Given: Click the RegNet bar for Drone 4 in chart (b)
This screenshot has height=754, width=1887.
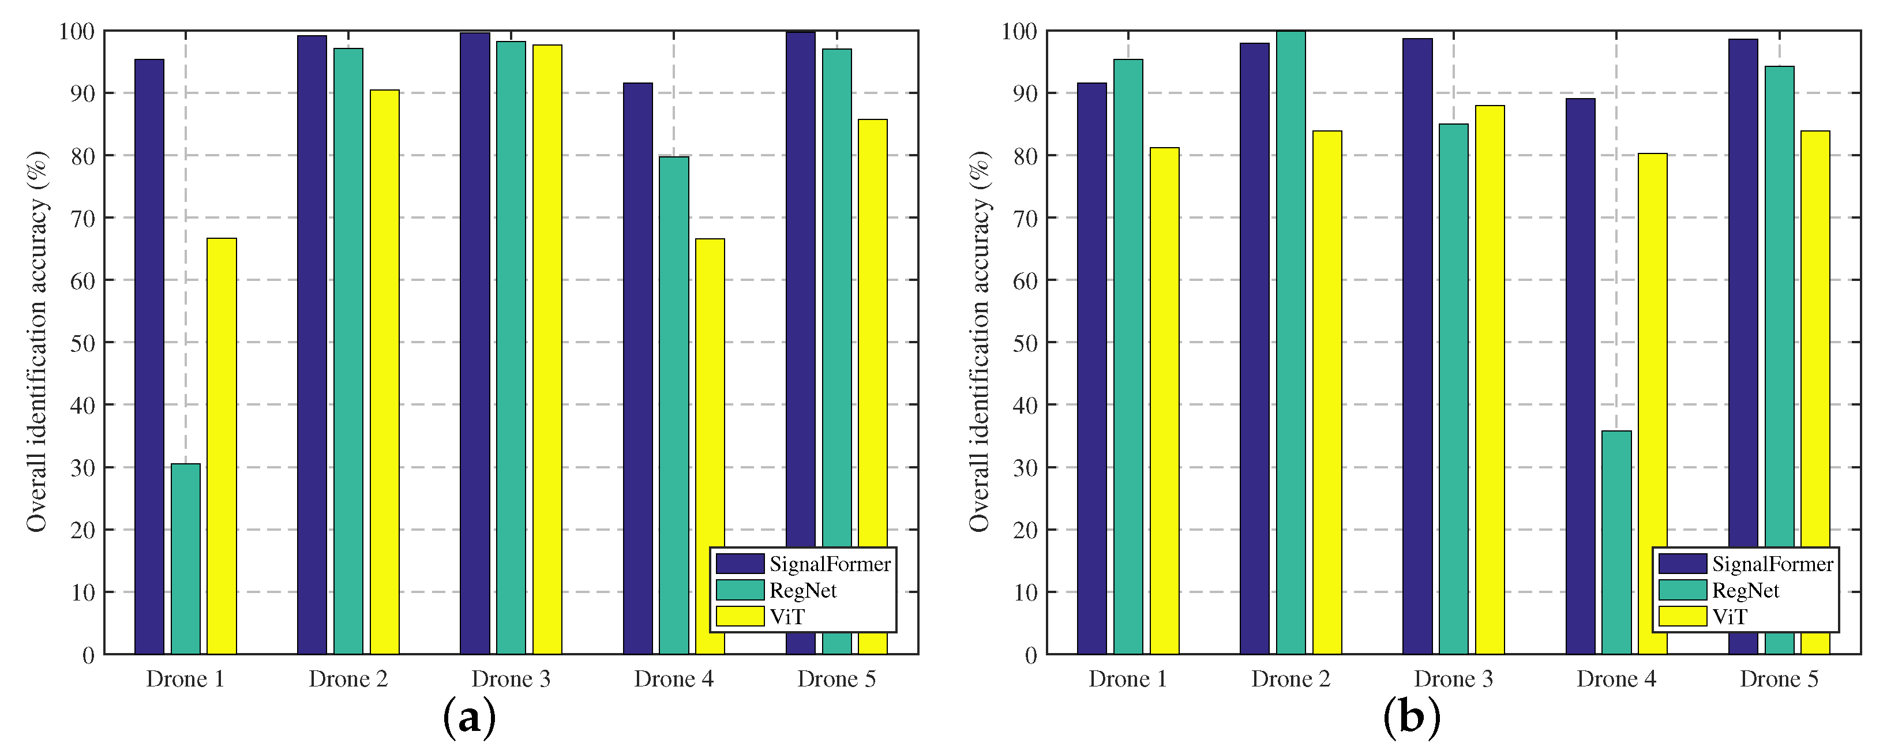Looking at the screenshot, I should point(1616,542).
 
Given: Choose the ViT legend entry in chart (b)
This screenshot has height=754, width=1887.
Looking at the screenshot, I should point(1729,617).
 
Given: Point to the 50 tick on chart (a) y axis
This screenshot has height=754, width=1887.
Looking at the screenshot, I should point(82,343).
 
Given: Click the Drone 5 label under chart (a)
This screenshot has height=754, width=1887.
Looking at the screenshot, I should point(836,679).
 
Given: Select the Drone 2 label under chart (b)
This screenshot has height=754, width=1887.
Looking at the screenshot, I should point(1290,679).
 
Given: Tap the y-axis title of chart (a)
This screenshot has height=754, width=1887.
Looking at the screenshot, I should point(36,342).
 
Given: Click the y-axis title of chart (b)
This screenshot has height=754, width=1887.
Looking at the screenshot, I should point(980,342).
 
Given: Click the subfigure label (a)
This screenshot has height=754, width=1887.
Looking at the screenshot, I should point(470,719).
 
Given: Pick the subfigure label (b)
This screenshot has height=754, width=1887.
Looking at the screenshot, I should point(1412,719).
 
